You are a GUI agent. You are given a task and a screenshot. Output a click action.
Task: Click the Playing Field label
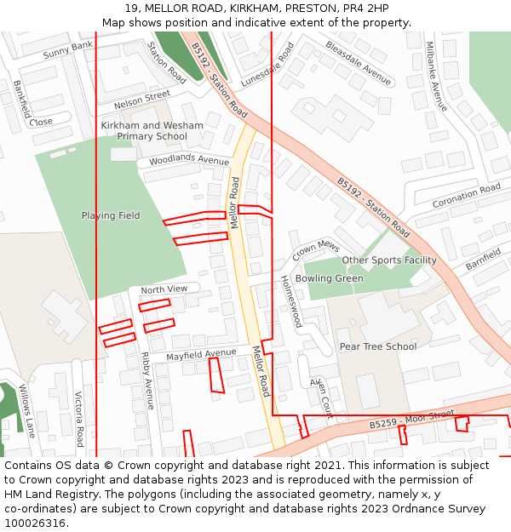coord(111,215)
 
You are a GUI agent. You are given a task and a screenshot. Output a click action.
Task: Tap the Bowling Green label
coord(329,278)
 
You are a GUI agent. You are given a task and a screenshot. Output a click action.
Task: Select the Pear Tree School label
coord(378,346)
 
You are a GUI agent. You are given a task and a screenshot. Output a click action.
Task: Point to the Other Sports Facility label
coord(389,260)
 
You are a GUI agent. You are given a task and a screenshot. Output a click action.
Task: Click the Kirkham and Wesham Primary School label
coord(152,131)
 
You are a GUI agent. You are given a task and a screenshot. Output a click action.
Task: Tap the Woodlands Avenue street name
coord(189,161)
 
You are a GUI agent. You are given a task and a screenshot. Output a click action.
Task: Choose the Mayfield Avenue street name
coord(201,353)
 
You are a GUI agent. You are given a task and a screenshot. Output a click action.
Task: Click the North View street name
coord(164,290)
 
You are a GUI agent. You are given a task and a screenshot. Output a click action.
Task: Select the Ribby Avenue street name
coord(146,380)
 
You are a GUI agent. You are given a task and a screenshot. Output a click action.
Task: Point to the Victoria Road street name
coord(78,419)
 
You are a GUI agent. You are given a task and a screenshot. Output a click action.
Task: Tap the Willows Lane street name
coord(28,410)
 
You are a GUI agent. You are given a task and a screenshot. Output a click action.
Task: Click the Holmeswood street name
coord(291,301)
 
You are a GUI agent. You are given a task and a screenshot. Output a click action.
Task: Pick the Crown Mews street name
coord(316,250)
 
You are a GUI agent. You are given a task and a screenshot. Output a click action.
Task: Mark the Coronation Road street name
coord(467,197)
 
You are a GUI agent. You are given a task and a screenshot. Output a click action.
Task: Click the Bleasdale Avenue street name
coord(358,63)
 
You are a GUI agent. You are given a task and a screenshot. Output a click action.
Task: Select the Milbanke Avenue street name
coord(436,77)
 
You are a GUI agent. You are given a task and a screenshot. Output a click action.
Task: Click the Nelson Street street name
coord(142,100)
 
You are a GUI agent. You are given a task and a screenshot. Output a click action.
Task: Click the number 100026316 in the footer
coord(35,523)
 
